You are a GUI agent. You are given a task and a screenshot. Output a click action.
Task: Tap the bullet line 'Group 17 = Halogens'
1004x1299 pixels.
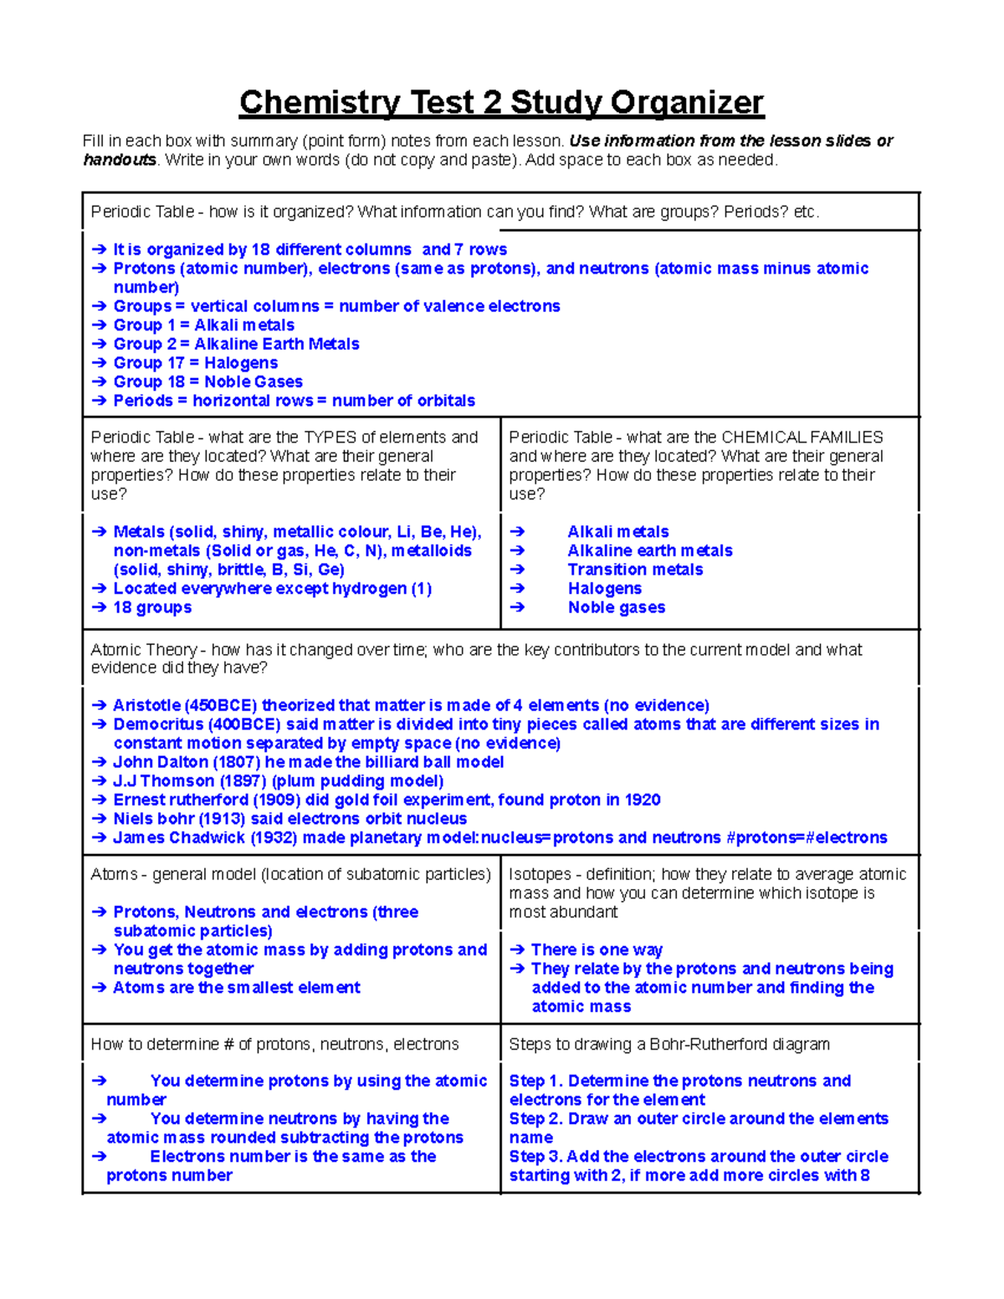click(196, 363)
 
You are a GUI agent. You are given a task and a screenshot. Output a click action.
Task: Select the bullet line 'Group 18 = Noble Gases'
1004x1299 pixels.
click(207, 382)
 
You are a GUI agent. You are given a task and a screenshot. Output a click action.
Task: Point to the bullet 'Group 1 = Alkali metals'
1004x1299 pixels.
click(203, 325)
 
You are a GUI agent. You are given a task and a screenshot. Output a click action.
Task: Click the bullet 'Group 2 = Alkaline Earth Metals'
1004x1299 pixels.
click(236, 344)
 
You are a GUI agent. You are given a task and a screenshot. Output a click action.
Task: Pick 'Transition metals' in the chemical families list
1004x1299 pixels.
click(635, 570)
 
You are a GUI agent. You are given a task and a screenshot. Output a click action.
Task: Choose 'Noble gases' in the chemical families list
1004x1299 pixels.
click(617, 607)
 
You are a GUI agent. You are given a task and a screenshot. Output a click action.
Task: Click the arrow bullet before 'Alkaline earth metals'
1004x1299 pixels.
click(517, 550)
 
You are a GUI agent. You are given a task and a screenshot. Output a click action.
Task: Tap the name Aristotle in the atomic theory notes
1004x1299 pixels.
click(147, 705)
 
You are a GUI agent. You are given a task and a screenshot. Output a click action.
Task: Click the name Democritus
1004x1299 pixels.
click(158, 724)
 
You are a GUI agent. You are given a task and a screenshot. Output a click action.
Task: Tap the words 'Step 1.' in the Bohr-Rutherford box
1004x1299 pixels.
click(535, 1081)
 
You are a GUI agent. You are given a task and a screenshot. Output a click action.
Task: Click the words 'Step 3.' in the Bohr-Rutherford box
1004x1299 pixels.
click(535, 1156)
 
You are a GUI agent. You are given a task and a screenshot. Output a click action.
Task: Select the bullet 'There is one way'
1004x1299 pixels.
click(597, 949)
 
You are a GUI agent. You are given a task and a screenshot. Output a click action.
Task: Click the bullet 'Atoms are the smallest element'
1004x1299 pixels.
click(237, 987)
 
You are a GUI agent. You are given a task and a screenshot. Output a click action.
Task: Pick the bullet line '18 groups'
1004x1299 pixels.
click(152, 607)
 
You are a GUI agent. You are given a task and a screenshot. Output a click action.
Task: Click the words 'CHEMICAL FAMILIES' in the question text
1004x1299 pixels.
click(802, 437)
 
